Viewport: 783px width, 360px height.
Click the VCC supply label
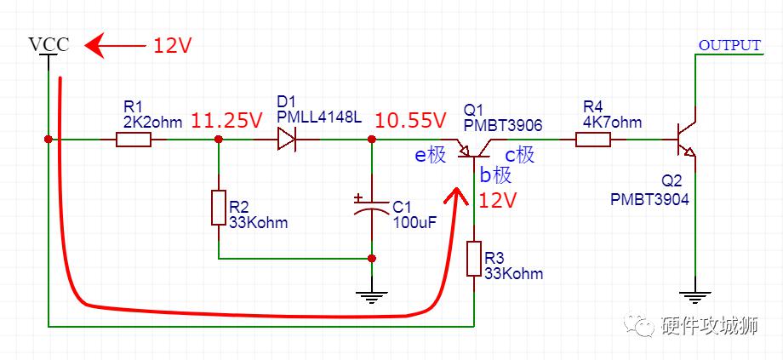click(49, 45)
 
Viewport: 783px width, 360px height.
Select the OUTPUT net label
click(729, 45)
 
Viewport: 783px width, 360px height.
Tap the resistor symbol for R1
click(134, 140)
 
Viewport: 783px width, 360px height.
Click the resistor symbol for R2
click(219, 207)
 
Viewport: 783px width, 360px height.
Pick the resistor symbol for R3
click(474, 259)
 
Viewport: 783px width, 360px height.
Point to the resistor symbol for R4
click(592, 140)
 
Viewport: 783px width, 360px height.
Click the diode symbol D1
click(287, 140)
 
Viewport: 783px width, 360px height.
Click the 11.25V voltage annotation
click(226, 120)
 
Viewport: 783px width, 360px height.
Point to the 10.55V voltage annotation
click(410, 120)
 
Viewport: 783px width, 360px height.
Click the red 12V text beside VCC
click(172, 47)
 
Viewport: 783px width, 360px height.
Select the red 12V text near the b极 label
click(497, 201)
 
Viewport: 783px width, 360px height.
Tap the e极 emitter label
click(431, 156)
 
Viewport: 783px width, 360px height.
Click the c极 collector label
click(520, 155)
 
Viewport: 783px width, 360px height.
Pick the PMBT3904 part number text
click(649, 200)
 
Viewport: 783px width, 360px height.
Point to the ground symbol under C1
click(372, 297)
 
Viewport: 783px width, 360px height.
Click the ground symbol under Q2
click(695, 297)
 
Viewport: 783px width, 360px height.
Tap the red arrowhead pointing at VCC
click(94, 46)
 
